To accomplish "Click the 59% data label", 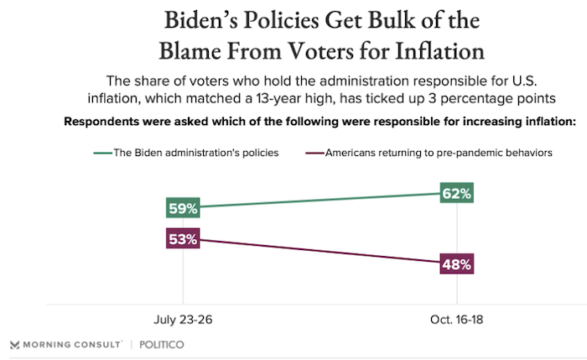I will click(183, 207).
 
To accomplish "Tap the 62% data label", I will click(456, 194).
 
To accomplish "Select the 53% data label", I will click(183, 239).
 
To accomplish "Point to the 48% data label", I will click(456, 263).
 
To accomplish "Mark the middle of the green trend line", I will click(319, 201).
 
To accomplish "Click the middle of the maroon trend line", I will click(319, 252).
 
